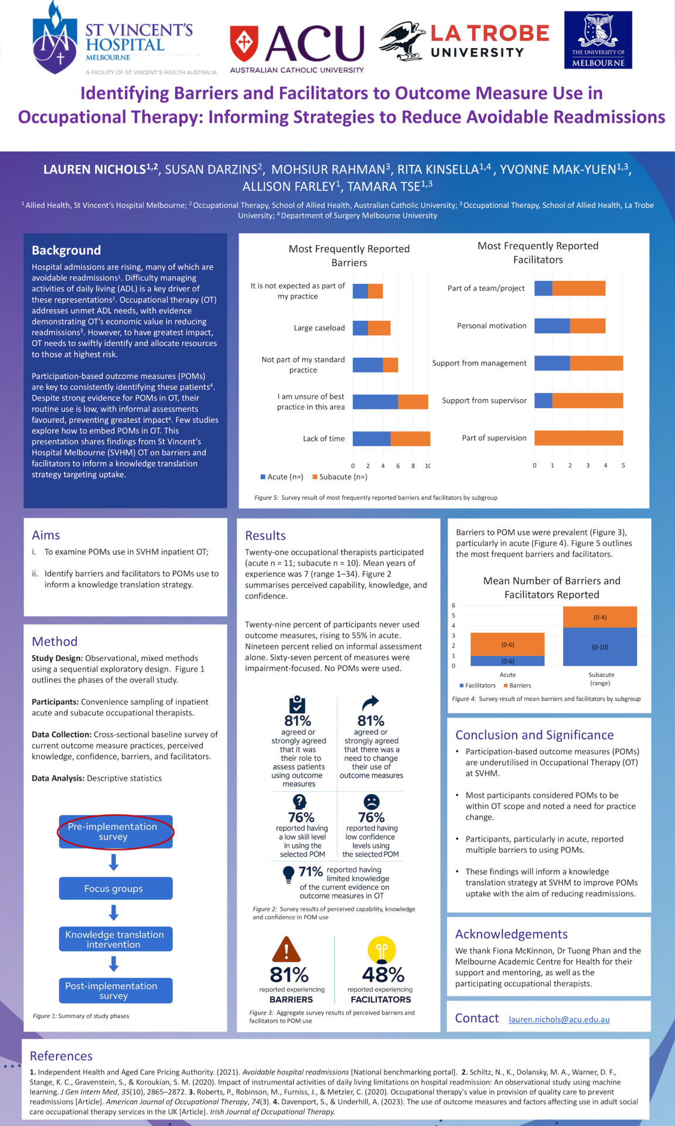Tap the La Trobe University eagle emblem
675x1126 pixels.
(403, 41)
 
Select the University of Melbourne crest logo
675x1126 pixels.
(598, 39)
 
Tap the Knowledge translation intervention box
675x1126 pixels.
(115, 940)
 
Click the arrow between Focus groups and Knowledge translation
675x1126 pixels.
(114, 913)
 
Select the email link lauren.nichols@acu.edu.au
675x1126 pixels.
(559, 1020)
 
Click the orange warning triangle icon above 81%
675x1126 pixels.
(287, 949)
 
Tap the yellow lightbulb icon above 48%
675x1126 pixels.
(381, 949)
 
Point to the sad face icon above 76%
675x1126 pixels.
(371, 802)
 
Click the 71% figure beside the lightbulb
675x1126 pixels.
(311, 872)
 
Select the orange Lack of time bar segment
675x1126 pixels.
(410, 439)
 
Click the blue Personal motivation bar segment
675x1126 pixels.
(552, 326)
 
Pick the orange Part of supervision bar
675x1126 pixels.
(578, 438)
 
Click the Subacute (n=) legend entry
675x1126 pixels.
(340, 477)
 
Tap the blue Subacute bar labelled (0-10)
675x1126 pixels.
(599, 646)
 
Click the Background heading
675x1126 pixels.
(66, 250)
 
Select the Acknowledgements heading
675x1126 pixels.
(511, 934)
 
